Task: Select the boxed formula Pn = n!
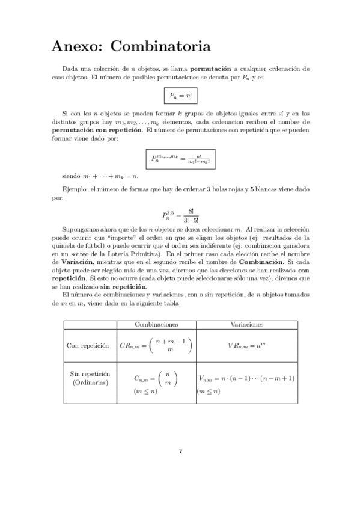pos(180,96)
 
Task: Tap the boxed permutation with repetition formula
pos(180,159)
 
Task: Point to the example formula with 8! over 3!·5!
pos(180,215)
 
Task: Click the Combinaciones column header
pos(156,324)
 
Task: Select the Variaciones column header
pos(246,324)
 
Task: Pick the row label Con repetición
pos(88,346)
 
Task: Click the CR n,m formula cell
pos(156,346)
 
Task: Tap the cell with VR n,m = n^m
pos(246,346)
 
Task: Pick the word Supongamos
pos(81,229)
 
